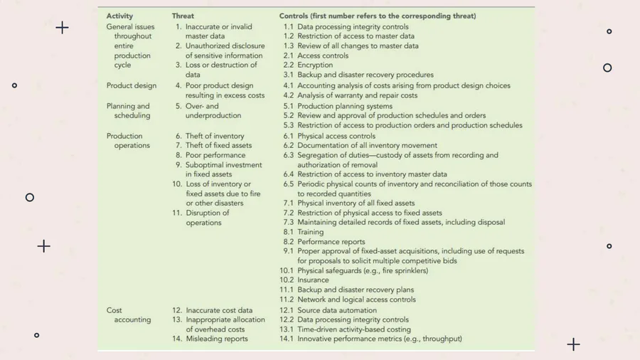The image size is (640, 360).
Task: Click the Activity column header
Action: click(119, 16)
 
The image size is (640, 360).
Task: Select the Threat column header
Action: click(182, 16)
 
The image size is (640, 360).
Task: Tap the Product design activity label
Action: click(132, 86)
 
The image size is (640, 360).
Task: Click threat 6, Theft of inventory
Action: click(214, 136)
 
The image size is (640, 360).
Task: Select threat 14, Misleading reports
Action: click(216, 339)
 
